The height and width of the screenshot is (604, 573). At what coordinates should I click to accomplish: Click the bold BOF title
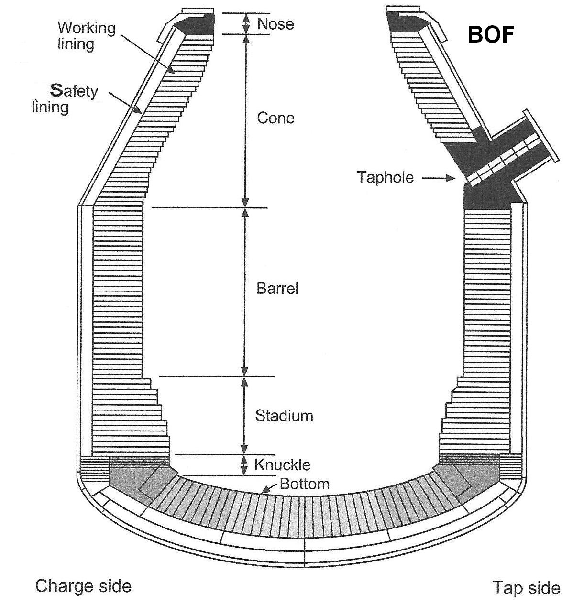coord(490,34)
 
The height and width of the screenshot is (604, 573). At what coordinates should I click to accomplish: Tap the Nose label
coord(275,24)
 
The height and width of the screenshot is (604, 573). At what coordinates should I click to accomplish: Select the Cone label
coord(275,118)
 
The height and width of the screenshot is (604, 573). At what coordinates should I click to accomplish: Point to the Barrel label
coord(277,288)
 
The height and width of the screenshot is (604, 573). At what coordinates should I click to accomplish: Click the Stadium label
coord(284,415)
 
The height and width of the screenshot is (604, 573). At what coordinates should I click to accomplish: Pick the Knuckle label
coord(282,464)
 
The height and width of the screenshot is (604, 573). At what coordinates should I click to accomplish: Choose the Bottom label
coord(305,484)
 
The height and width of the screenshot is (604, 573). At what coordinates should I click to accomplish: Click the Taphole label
coord(385,177)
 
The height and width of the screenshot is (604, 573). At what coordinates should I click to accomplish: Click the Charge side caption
coord(83,585)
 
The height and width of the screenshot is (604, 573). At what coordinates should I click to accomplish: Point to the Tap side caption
coord(526,587)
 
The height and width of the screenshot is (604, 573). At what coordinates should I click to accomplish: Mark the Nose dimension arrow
coord(246,23)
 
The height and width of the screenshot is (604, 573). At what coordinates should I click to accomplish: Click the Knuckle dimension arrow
coord(244,464)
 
